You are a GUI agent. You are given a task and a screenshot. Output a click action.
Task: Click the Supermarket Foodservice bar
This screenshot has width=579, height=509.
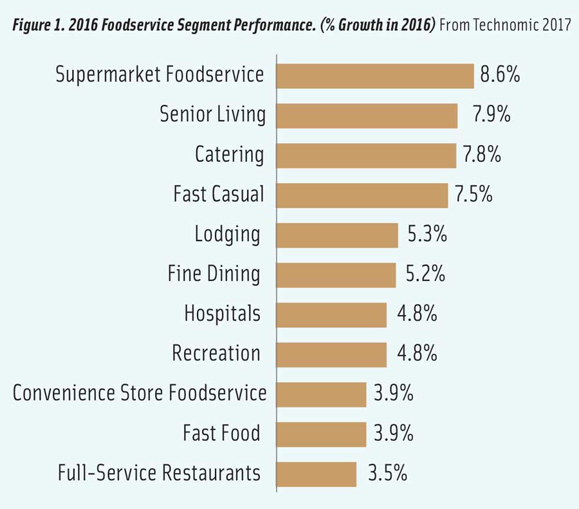click(375, 76)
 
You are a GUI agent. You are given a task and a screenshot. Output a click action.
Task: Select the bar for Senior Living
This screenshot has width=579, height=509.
click(367, 116)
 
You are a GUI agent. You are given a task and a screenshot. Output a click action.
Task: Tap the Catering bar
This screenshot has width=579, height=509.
click(366, 156)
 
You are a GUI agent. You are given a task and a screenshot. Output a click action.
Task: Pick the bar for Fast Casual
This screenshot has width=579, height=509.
click(362, 195)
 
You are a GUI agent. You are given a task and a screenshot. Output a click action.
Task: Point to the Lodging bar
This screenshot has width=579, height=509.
click(337, 235)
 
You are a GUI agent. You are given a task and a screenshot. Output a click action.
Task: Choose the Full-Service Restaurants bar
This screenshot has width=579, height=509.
click(317, 474)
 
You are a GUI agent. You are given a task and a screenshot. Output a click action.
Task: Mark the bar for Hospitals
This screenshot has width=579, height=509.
click(331, 315)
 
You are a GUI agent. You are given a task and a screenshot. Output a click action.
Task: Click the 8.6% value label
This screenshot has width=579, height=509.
click(500, 75)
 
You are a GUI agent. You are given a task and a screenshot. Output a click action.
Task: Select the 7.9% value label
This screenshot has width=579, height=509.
click(492, 115)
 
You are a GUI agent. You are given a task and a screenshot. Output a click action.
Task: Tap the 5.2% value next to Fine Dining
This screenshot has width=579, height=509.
click(426, 274)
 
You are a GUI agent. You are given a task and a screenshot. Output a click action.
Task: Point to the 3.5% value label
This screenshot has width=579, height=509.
click(387, 474)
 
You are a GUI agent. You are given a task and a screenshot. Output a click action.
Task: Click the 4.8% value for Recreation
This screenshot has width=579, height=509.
click(418, 353)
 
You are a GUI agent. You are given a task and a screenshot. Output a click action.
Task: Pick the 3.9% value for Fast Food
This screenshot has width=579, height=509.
click(393, 433)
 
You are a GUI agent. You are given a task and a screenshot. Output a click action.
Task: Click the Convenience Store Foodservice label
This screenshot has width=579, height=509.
click(140, 393)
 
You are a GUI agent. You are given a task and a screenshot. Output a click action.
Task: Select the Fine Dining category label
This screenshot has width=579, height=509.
click(214, 274)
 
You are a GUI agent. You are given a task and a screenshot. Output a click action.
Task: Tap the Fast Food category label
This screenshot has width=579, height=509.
click(221, 433)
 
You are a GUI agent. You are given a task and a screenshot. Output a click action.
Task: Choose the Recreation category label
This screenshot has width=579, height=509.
click(216, 353)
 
